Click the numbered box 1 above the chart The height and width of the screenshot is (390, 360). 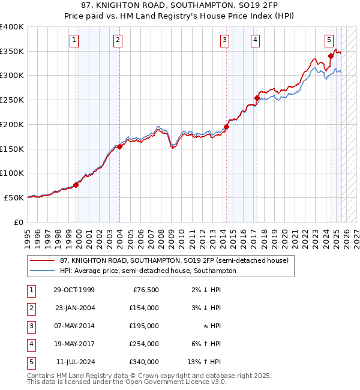[x=73, y=40]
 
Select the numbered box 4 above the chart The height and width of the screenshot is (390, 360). [x=255, y=40]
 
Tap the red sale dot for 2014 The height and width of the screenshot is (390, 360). [x=226, y=127]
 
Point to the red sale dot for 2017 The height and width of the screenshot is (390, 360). [x=257, y=98]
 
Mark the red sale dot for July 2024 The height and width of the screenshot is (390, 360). [x=331, y=56]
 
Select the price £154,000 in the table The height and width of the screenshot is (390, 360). [x=143, y=308]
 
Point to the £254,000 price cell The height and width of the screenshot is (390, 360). [x=143, y=344]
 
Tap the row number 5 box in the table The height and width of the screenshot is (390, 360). [x=30, y=362]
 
